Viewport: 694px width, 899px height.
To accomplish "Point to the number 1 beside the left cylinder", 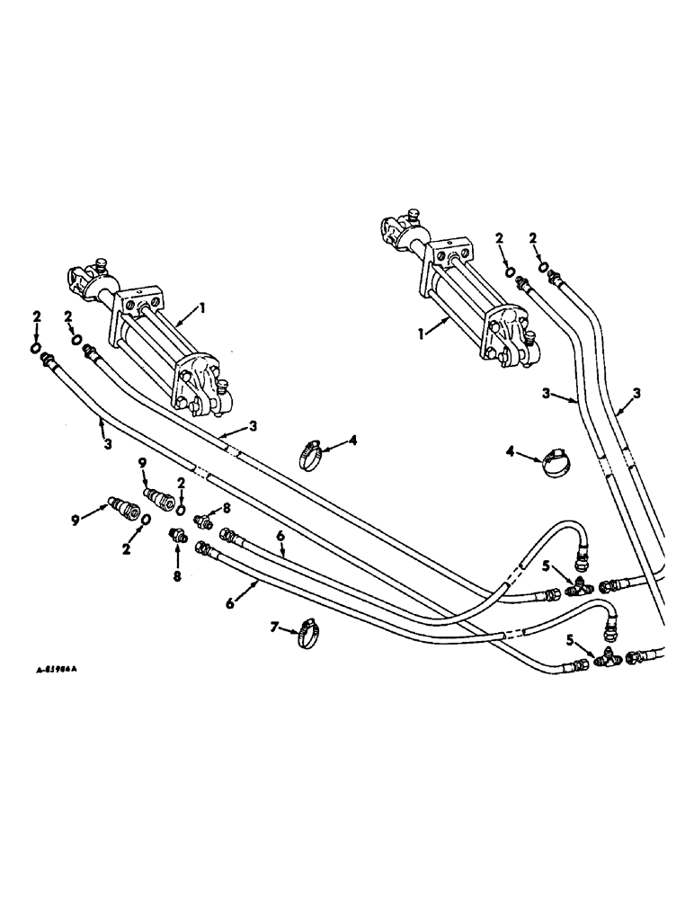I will tap(203, 307).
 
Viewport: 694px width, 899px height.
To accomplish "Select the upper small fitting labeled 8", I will tap(206, 521).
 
